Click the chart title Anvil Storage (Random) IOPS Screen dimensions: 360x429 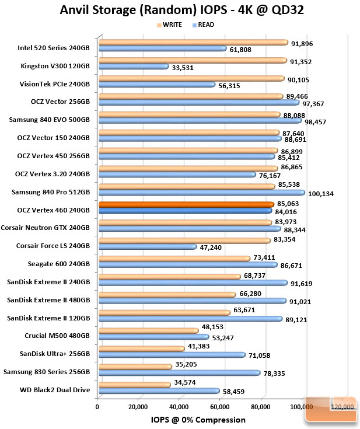pos(144,10)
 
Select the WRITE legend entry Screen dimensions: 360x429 pos(169,25)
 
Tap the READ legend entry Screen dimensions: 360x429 pos(203,25)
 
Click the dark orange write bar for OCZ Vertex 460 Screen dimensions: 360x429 pos(186,204)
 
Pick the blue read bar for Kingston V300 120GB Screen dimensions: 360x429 pos(134,67)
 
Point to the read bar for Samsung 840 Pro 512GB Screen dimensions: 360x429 pos(202,193)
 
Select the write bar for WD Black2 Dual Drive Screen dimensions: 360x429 pos(135,385)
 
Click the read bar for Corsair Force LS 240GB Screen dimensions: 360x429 pos(148,247)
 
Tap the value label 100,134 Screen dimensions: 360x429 pos(321,194)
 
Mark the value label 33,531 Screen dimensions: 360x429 pos(183,68)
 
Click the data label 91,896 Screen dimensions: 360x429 pos(302,44)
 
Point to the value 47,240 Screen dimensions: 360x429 pos(211,247)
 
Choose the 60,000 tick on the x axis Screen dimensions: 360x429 pos(219,407)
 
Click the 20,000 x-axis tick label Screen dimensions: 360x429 pos(138,407)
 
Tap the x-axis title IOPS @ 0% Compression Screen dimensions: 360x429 pos(198,420)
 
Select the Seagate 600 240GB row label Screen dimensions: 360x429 pos(59,264)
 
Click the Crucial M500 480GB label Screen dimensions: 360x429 pos(57,336)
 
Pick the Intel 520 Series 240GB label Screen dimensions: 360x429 pos(54,48)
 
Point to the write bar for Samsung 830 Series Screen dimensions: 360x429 pos(135,367)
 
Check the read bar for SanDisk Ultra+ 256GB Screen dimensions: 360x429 pos(172,355)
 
